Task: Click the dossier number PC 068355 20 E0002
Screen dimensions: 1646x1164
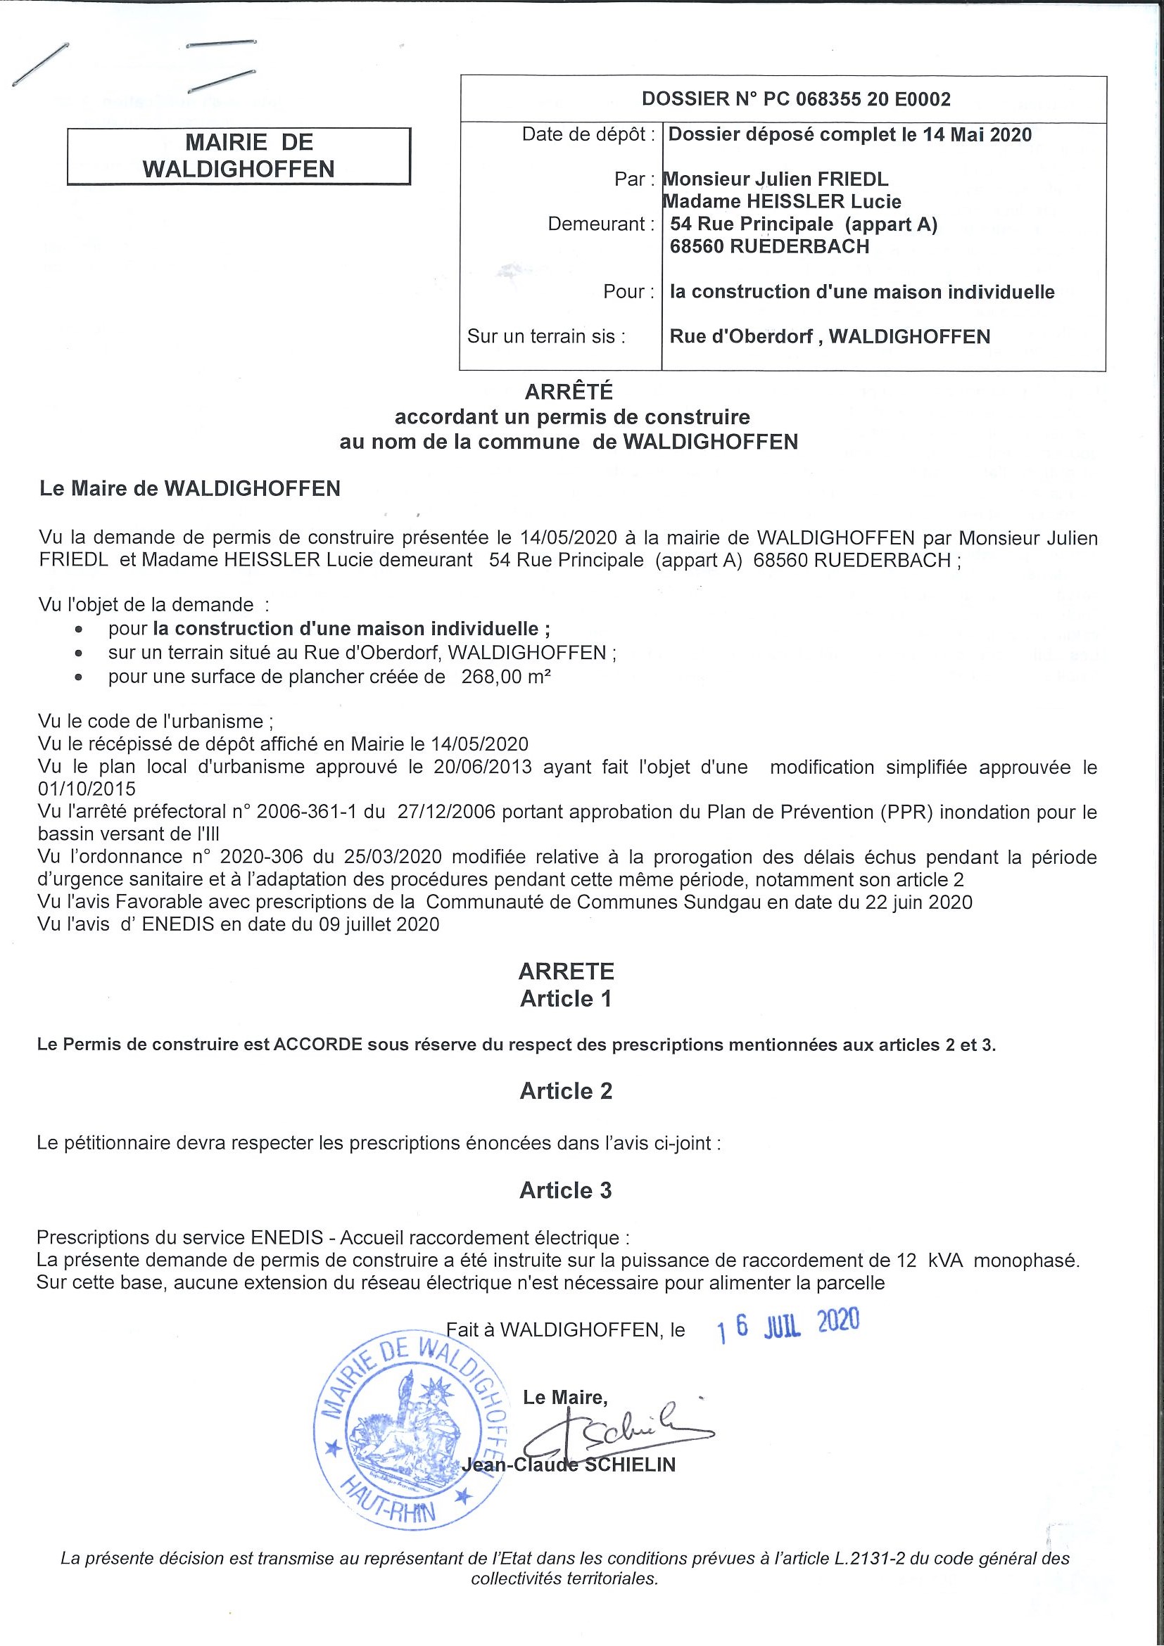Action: click(x=857, y=100)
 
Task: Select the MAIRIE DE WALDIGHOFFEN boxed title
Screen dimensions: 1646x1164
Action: click(x=239, y=156)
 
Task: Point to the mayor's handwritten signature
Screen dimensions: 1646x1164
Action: click(x=624, y=1426)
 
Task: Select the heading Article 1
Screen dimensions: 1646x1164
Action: click(x=566, y=999)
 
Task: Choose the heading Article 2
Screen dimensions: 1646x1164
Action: click(x=566, y=1091)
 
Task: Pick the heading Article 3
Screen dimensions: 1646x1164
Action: click(x=566, y=1191)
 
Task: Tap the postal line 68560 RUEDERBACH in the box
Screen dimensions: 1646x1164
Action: click(x=769, y=247)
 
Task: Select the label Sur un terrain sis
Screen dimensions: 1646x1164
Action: click(x=546, y=337)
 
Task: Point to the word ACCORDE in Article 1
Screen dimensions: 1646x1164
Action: click(x=317, y=1045)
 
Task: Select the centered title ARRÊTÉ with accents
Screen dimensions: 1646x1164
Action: click(x=569, y=392)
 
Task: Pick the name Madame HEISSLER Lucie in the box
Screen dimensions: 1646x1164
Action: click(x=783, y=202)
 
